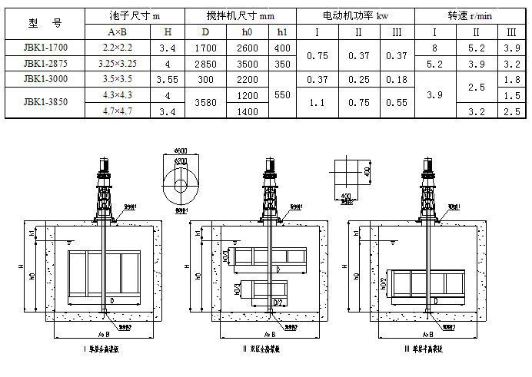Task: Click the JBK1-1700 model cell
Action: (x=45, y=48)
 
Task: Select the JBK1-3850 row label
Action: (x=45, y=101)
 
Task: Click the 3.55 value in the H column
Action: (x=167, y=80)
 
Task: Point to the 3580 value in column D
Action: (x=205, y=101)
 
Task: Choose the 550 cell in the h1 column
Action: (x=282, y=95)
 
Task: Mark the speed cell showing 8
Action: (x=435, y=48)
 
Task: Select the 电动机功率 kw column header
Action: (x=356, y=15)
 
